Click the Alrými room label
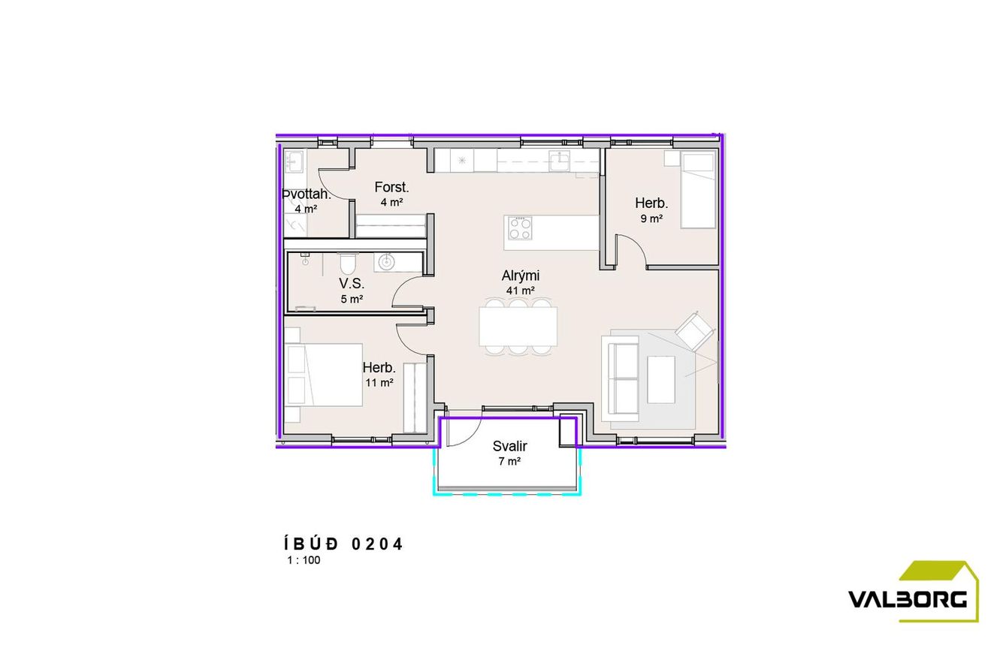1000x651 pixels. click(521, 276)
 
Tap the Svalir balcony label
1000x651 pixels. click(510, 446)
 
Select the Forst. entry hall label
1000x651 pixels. click(391, 188)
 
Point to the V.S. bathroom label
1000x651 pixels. click(352, 283)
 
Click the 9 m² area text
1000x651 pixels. click(651, 219)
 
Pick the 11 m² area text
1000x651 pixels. click(379, 382)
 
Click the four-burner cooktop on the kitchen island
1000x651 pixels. click(520, 228)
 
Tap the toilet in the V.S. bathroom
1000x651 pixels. click(347, 264)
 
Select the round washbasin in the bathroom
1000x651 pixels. click(386, 262)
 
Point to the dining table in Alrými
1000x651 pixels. click(518, 327)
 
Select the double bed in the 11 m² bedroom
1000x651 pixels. click(323, 375)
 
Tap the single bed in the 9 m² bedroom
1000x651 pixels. click(698, 190)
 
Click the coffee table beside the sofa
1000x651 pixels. click(660, 380)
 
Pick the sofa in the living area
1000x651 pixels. click(620, 378)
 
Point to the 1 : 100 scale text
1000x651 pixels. click(304, 560)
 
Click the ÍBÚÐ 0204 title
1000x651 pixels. click(343, 544)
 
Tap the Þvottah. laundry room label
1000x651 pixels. click(307, 194)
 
